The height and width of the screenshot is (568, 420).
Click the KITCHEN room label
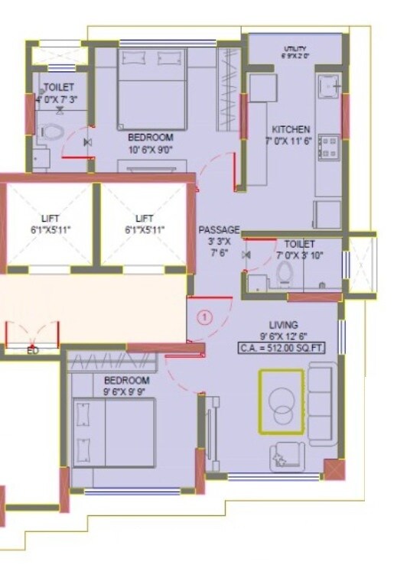coord(291,129)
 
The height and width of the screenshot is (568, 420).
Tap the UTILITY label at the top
coord(295,48)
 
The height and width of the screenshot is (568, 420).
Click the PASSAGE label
coord(219,229)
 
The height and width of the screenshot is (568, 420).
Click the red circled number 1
coord(204,315)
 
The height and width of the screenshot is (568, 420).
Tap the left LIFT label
coord(50,219)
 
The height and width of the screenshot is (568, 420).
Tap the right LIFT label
coord(145,219)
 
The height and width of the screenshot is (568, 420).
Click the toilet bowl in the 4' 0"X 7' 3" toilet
coord(51,131)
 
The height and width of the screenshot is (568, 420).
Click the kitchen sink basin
coord(330,87)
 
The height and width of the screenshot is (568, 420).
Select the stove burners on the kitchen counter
coord(330,146)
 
